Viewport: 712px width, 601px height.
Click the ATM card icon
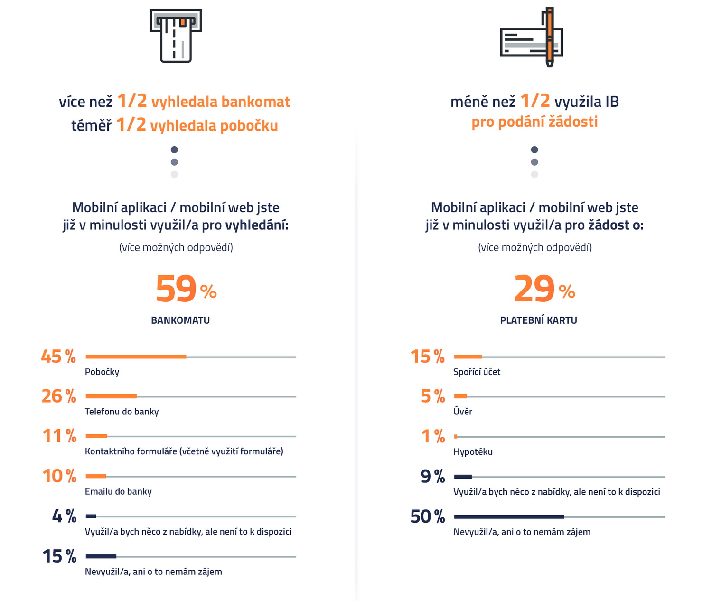click(x=176, y=36)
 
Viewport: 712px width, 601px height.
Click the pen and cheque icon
click(x=531, y=37)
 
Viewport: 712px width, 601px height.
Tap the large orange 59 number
click(x=176, y=289)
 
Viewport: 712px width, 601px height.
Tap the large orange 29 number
click(x=534, y=289)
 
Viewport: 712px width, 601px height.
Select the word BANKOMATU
click(x=180, y=320)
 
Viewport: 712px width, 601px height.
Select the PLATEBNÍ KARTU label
click(x=538, y=320)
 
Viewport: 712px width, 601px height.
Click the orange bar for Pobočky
click(x=136, y=357)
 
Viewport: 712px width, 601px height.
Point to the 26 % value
click(x=59, y=396)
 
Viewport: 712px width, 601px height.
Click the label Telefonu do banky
click(x=122, y=412)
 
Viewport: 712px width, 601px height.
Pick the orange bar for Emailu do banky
click(x=96, y=476)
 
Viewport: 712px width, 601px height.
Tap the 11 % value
click(x=59, y=436)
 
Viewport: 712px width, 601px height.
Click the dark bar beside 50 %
click(x=509, y=517)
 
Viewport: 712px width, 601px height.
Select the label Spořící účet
click(x=477, y=372)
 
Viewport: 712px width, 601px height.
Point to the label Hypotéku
click(x=473, y=451)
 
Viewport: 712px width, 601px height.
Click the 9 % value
click(x=432, y=476)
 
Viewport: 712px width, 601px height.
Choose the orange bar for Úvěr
click(x=460, y=396)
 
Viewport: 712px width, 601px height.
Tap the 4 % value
click(x=64, y=516)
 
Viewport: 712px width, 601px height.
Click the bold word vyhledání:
click(x=257, y=225)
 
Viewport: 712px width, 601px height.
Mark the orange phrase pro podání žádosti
click(x=534, y=122)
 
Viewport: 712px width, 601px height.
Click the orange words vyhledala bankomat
click(x=221, y=102)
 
